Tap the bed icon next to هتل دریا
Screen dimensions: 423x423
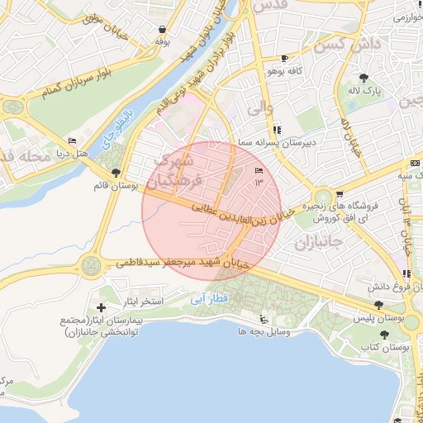pyautogui.click(x=71, y=141)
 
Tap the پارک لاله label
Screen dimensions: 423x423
pyautogui.click(x=365, y=90)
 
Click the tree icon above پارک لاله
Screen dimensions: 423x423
pyautogui.click(x=365, y=78)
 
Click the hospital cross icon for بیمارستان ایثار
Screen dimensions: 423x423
pyautogui.click(x=101, y=307)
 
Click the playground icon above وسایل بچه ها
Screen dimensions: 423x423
pyautogui.click(x=264, y=319)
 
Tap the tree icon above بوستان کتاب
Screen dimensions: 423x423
pyautogui.click(x=385, y=334)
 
